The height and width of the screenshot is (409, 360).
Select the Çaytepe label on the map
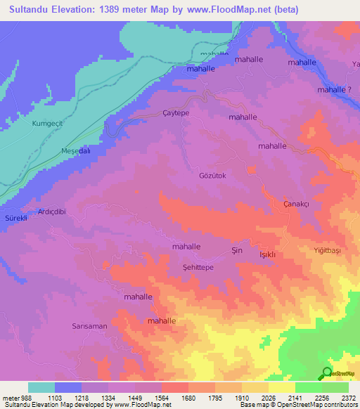click(x=176, y=112)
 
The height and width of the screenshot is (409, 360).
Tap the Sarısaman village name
click(x=90, y=326)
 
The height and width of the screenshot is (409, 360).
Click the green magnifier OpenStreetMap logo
click(x=326, y=374)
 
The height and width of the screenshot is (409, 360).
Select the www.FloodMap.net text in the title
click(x=220, y=10)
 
